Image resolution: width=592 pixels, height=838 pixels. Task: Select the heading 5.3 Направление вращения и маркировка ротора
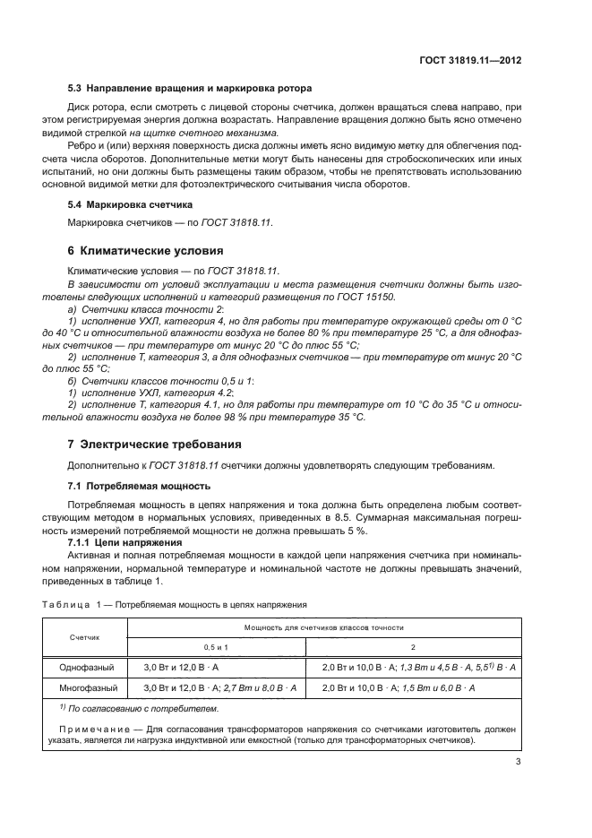coord(190,89)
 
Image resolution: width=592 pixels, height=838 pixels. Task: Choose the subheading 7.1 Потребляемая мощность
coord(139,486)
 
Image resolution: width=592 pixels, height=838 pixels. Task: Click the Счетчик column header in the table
coord(85,636)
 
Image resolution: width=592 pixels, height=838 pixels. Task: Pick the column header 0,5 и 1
coord(215,646)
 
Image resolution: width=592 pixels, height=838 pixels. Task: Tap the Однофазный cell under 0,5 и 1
coord(182,668)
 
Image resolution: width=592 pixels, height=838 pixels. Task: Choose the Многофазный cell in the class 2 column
coord(398,687)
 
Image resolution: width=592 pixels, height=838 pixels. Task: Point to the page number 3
coord(518,762)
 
